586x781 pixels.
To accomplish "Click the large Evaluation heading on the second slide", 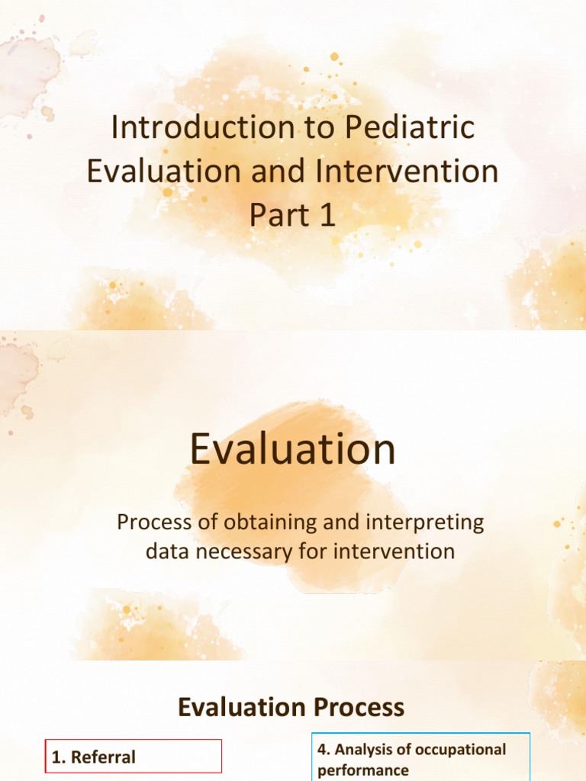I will pyautogui.click(x=293, y=450).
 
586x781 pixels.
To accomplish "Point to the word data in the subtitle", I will pyautogui.click(x=169, y=551).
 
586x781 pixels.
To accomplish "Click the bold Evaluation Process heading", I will pyautogui.click(x=291, y=708).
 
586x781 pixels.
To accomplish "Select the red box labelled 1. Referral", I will pyautogui.click(x=134, y=757).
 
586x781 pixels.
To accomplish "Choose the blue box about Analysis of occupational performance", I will pyautogui.click(x=420, y=757).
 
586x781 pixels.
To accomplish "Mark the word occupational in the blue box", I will pyautogui.click(x=460, y=750).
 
